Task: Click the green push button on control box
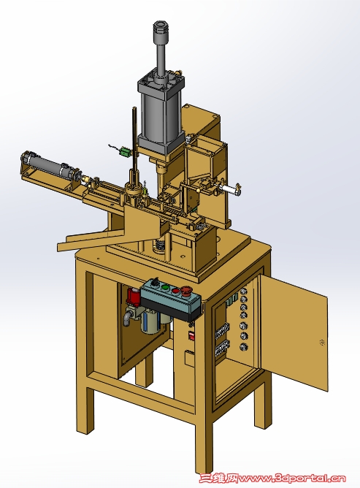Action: tap(166, 288)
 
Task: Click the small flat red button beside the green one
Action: tap(176, 291)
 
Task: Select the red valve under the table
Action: tap(133, 297)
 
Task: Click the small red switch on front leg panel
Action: tap(191, 335)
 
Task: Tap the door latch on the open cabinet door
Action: tap(322, 343)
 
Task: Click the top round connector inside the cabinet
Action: tap(244, 291)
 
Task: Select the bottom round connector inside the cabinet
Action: tap(244, 347)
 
